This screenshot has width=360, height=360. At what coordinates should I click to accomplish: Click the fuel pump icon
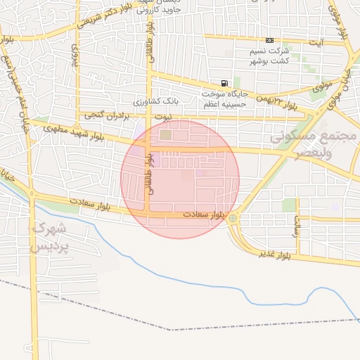[x=224, y=83]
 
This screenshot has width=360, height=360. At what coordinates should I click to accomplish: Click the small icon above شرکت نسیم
[x=270, y=41]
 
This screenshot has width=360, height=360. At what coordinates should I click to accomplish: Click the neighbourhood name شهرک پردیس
[x=51, y=237]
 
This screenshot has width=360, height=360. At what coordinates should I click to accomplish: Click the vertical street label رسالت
[x=298, y=224]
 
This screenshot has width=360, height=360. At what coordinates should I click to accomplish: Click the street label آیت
[x=321, y=43]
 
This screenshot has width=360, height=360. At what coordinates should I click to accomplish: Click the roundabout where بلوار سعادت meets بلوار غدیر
[x=233, y=219]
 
